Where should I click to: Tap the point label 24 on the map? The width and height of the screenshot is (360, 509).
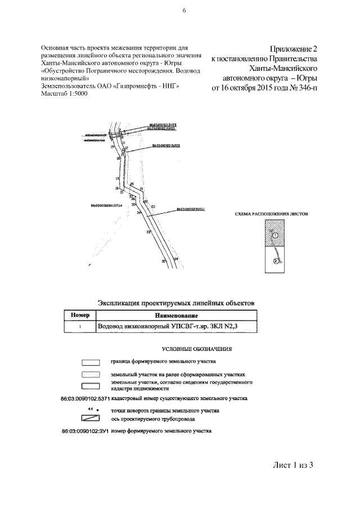click(175, 259)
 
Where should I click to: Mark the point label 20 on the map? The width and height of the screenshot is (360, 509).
click(132, 184)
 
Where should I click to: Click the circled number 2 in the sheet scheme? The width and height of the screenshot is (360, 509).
click(275, 261)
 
